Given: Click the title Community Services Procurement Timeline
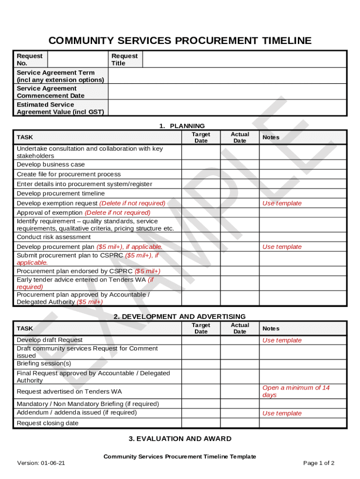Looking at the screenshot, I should coord(180,41).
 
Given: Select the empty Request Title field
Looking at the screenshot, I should coord(244,59).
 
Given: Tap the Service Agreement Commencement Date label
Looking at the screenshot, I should coord(50,92).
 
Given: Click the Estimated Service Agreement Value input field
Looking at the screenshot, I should coord(227,108).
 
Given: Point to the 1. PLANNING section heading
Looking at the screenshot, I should coord(182,126).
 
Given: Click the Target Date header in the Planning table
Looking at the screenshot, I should coord(201,138).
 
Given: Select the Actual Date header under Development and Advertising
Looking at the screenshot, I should coord(240,328).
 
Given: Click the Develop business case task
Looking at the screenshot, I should coord(51,165).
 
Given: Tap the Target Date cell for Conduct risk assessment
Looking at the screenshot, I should coord(201,237).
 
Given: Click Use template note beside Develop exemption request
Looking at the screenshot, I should coord(282,203).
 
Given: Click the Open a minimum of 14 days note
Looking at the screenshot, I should coord(296,392).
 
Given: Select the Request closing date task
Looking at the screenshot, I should coord(48,423).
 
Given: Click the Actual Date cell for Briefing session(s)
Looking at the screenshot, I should coord(240,363).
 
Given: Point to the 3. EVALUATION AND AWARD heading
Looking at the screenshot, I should coord(180,439).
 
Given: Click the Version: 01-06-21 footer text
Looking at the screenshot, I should coord(41,464).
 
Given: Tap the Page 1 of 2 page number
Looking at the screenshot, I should coord(319,464).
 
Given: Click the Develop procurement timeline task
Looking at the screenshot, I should coord(61,194).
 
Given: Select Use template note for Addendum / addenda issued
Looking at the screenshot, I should coord(282,414).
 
